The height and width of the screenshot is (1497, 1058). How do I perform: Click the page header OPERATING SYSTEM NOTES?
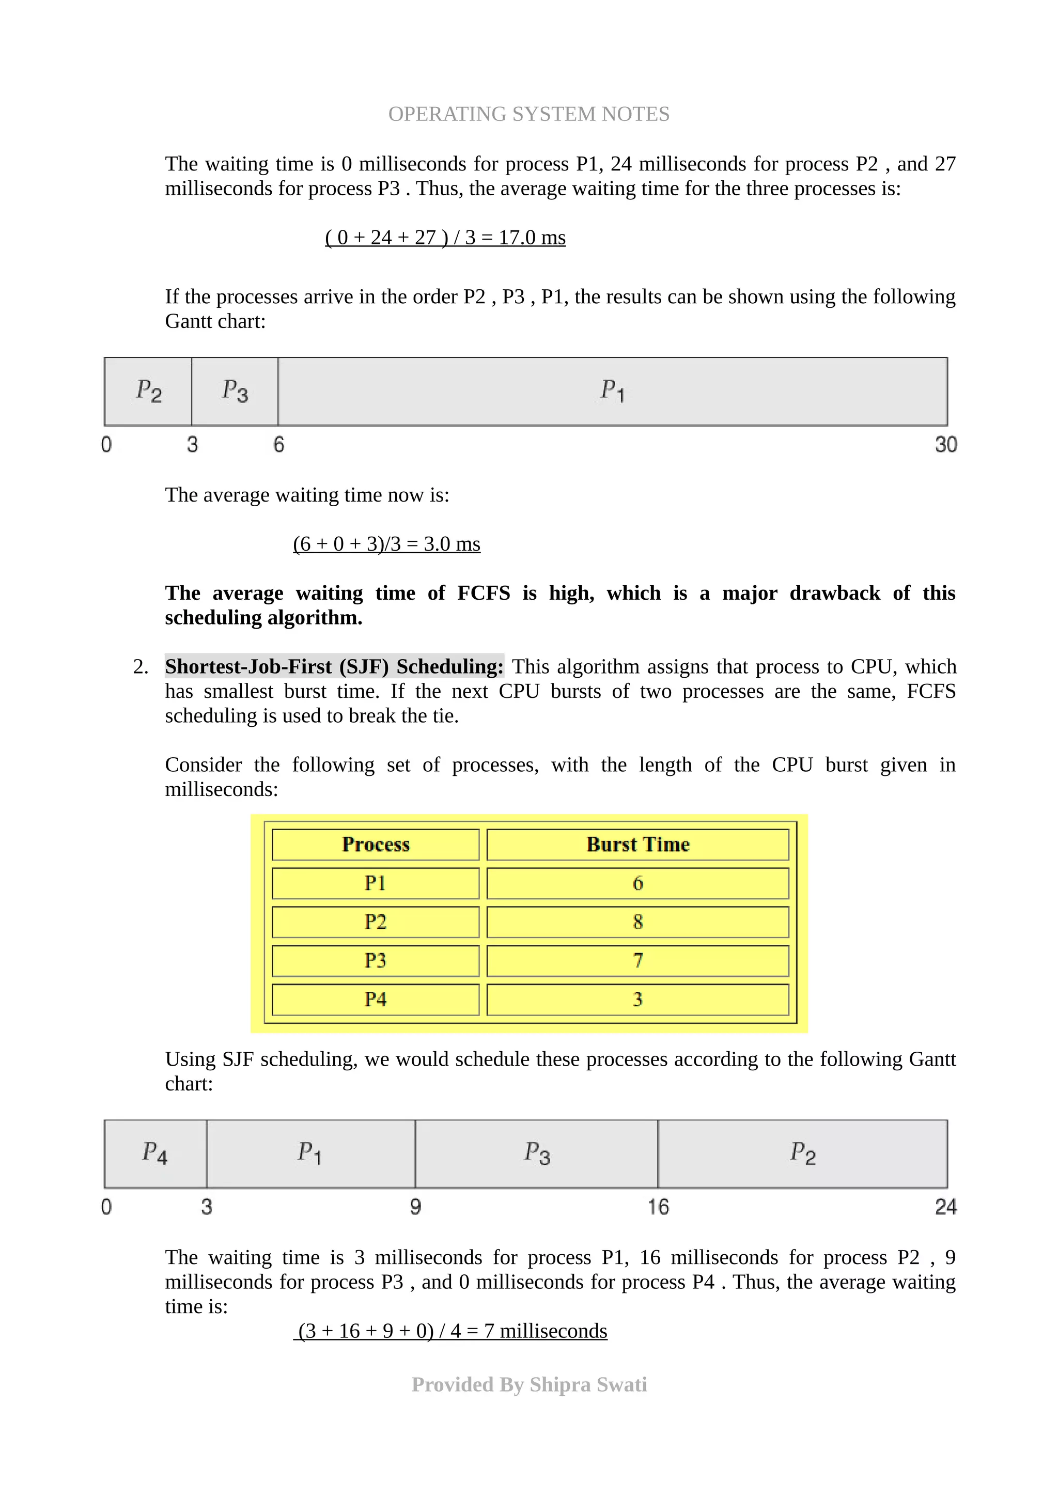[528, 114]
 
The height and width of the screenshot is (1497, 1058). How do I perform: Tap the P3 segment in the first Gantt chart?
[235, 391]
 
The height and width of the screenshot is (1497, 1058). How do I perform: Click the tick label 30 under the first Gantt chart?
[945, 445]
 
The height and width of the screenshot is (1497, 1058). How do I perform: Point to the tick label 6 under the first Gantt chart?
[278, 445]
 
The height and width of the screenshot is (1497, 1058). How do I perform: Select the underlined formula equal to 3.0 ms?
[386, 544]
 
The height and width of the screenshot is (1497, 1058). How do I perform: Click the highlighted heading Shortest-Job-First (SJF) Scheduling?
[334, 666]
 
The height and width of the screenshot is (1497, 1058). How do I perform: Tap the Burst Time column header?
[637, 845]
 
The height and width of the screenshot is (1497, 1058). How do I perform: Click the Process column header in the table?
[376, 845]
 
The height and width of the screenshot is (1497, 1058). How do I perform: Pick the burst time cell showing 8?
[637, 922]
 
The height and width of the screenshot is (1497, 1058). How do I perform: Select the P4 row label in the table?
[376, 999]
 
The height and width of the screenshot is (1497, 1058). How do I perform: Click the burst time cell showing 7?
[637, 960]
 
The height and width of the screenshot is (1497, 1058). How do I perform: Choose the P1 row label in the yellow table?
[376, 883]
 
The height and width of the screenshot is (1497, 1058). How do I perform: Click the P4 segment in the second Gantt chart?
[155, 1153]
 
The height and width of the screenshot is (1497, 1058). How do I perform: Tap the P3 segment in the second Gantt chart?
[537, 1153]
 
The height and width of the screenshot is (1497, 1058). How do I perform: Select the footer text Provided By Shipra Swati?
[528, 1384]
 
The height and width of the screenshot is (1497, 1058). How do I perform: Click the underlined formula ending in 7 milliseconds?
[452, 1331]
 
